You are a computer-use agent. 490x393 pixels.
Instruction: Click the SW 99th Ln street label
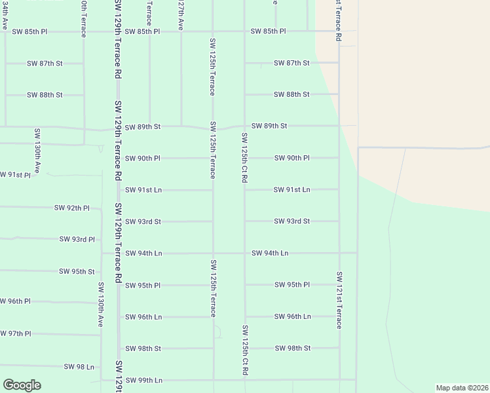[143, 380]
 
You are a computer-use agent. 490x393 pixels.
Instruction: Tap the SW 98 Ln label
[79, 366]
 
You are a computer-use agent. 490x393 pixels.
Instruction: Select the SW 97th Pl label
[14, 333]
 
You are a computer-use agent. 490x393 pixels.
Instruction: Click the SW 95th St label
[77, 271]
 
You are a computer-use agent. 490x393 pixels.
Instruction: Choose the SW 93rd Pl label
[77, 240]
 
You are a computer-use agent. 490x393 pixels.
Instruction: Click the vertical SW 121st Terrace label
[339, 300]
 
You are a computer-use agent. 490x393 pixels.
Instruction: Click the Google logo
[22, 385]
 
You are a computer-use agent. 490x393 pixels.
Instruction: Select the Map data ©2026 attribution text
[462, 388]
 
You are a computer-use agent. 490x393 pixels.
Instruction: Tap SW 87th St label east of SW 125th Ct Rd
[292, 63]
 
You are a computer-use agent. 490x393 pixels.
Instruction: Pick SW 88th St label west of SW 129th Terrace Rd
[45, 94]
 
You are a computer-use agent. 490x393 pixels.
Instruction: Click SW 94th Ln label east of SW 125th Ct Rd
[270, 252]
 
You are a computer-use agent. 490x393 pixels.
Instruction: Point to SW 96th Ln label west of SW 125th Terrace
[143, 316]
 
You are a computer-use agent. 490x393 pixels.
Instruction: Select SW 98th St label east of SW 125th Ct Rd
[292, 348]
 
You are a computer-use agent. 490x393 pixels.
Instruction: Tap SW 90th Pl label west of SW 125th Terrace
[143, 158]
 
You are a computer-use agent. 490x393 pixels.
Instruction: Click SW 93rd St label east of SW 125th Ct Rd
[292, 221]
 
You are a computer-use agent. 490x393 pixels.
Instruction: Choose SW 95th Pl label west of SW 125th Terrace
[143, 285]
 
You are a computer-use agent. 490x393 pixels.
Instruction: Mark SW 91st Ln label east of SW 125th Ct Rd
[292, 189]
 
